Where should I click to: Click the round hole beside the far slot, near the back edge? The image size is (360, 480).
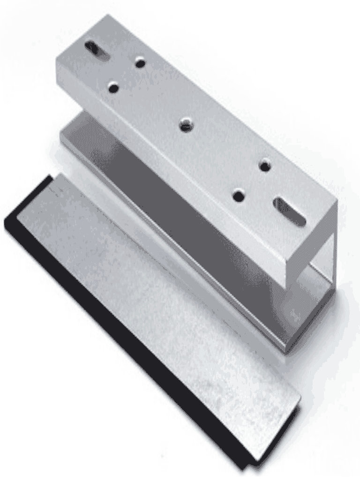pyautogui.click(x=140, y=62)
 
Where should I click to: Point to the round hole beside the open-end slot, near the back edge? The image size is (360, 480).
pyautogui.click(x=265, y=165)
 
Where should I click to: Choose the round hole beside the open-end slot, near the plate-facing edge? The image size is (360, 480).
pyautogui.click(x=239, y=195)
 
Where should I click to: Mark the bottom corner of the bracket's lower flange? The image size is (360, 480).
pyautogui.click(x=286, y=352)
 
